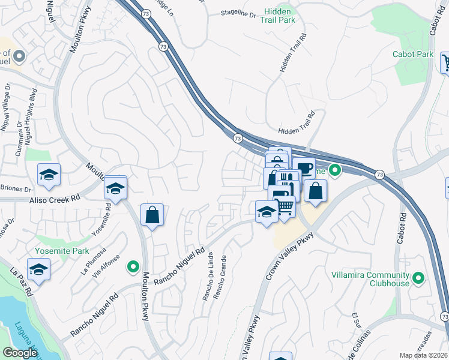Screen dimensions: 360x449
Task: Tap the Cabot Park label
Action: pyautogui.click(x=413, y=54)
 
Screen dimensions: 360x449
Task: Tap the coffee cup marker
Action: pyautogui.click(x=304, y=168)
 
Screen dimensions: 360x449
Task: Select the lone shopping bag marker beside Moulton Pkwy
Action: pyautogui.click(x=152, y=214)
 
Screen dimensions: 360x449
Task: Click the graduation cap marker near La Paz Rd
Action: pyautogui.click(x=38, y=269)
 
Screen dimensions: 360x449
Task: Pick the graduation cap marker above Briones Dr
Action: pyautogui.click(x=49, y=175)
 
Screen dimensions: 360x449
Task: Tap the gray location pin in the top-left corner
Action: pyautogui.click(x=19, y=57)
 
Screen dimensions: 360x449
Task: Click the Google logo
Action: pyautogui.click(x=20, y=352)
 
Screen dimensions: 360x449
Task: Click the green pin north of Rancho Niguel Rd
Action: pyautogui.click(x=133, y=266)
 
